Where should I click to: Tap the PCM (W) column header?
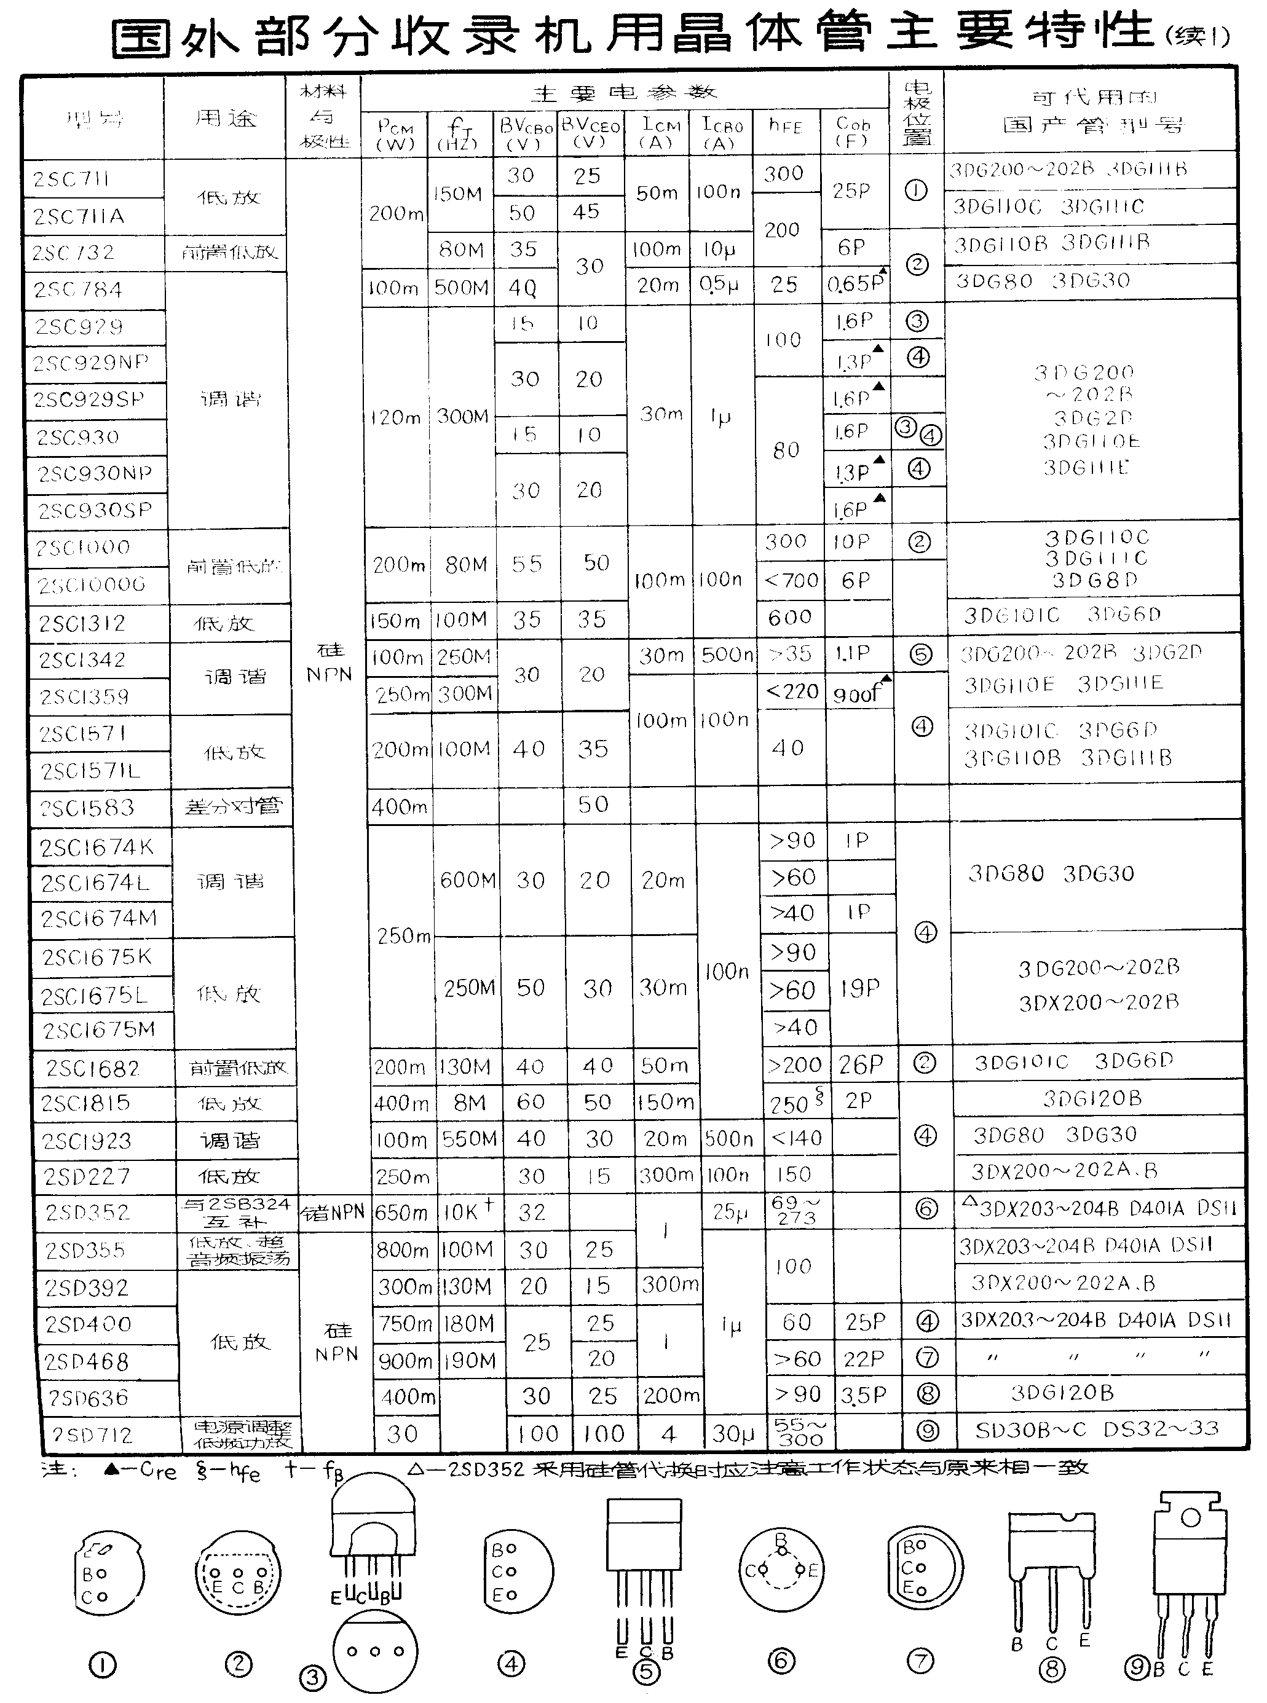[x=395, y=134]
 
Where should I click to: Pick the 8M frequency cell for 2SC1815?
[x=470, y=1103]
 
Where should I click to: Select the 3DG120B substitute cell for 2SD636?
[x=1062, y=1393]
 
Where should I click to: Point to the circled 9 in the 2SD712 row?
[x=927, y=1431]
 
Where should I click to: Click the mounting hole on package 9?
[x=1190, y=1517]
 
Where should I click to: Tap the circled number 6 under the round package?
[x=781, y=1661]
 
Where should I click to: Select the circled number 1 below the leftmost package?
[x=102, y=1665]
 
